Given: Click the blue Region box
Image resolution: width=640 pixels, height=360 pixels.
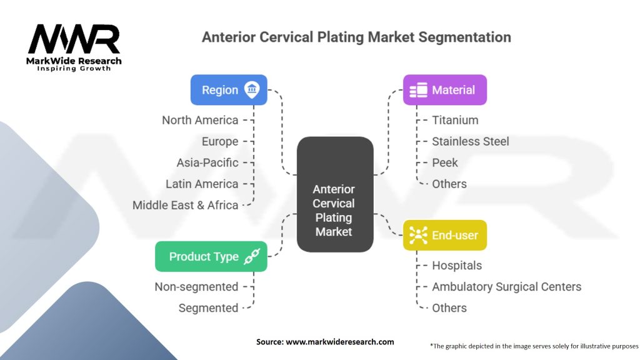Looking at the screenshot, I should [229, 90].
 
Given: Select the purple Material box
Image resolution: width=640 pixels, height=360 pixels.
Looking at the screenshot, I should [444, 90].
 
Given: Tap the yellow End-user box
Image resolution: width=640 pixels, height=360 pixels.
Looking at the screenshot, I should [444, 236].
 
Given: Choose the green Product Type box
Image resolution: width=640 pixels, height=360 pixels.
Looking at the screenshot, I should [211, 256].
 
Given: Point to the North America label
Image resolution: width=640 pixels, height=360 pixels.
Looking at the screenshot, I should [200, 120].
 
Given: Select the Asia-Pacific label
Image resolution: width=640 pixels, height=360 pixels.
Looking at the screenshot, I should [207, 162].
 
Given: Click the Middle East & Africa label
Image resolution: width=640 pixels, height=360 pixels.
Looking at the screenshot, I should [185, 205].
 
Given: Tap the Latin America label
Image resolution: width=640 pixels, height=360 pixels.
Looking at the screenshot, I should [202, 184].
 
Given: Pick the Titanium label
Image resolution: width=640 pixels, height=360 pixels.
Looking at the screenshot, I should [455, 120].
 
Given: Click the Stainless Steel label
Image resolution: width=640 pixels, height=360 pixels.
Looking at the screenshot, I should [470, 141].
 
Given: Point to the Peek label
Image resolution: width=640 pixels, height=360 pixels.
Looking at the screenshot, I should [444, 162].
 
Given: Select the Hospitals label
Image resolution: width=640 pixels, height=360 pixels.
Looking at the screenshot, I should [457, 266].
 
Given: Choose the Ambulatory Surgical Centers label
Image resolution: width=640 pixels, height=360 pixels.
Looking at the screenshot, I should [506, 287].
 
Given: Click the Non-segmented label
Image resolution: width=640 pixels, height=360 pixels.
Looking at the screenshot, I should [196, 287].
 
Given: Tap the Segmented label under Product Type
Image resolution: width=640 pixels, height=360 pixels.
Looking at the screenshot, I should [208, 308].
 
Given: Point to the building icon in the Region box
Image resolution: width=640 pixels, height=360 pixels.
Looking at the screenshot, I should [252, 90].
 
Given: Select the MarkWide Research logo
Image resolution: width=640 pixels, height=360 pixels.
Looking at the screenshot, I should [74, 47].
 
